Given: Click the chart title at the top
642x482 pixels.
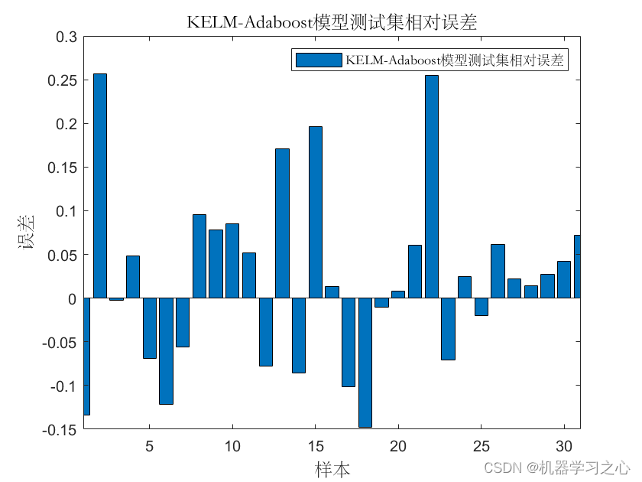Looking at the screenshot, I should coord(332,22).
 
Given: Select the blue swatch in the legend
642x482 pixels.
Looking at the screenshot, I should coord(318,60).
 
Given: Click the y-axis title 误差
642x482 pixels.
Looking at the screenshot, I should coord(27,232).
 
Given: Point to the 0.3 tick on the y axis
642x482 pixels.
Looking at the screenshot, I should coord(66,37).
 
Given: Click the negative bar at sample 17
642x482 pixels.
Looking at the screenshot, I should coord(348,342).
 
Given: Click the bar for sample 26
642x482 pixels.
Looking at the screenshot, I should coord(498,271).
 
